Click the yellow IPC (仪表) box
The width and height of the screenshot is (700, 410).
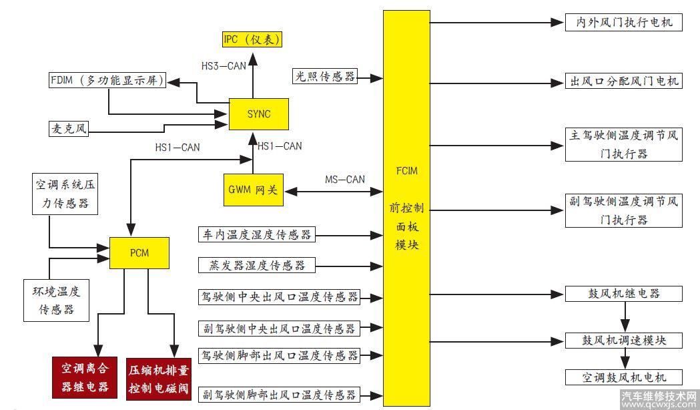[251, 39]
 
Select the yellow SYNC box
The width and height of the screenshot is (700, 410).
[259, 114]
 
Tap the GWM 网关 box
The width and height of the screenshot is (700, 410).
[254, 190]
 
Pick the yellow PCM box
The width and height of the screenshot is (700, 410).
[140, 254]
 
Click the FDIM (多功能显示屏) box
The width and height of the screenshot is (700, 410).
[107, 81]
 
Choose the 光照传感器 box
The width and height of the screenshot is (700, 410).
[325, 77]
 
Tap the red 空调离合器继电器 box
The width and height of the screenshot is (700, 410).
[85, 377]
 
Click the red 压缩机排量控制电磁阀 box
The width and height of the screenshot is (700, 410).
[159, 378]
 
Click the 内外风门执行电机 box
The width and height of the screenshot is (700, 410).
[623, 22]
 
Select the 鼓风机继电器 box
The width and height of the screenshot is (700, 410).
[623, 293]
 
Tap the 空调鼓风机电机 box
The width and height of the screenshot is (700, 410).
[623, 377]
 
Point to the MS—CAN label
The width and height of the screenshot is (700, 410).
[345, 179]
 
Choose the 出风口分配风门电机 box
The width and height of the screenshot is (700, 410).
[623, 81]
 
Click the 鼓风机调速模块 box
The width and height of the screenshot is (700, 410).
[623, 339]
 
